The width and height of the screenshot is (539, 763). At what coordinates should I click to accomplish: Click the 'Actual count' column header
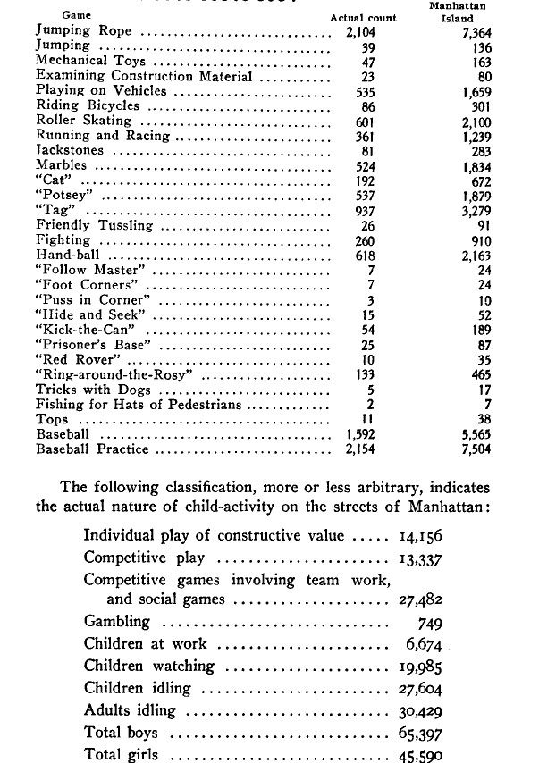[364, 18]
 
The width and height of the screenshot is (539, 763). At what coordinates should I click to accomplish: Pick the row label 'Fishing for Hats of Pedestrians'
[139, 405]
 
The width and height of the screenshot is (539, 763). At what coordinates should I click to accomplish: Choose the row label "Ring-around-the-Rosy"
[114, 374]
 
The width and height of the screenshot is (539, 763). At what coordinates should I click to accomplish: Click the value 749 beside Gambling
[430, 622]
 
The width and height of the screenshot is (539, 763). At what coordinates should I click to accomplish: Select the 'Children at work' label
[146, 643]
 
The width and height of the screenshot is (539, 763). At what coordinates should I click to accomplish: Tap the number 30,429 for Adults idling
[420, 711]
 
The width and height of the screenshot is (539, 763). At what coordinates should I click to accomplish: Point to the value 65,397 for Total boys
[420, 734]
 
